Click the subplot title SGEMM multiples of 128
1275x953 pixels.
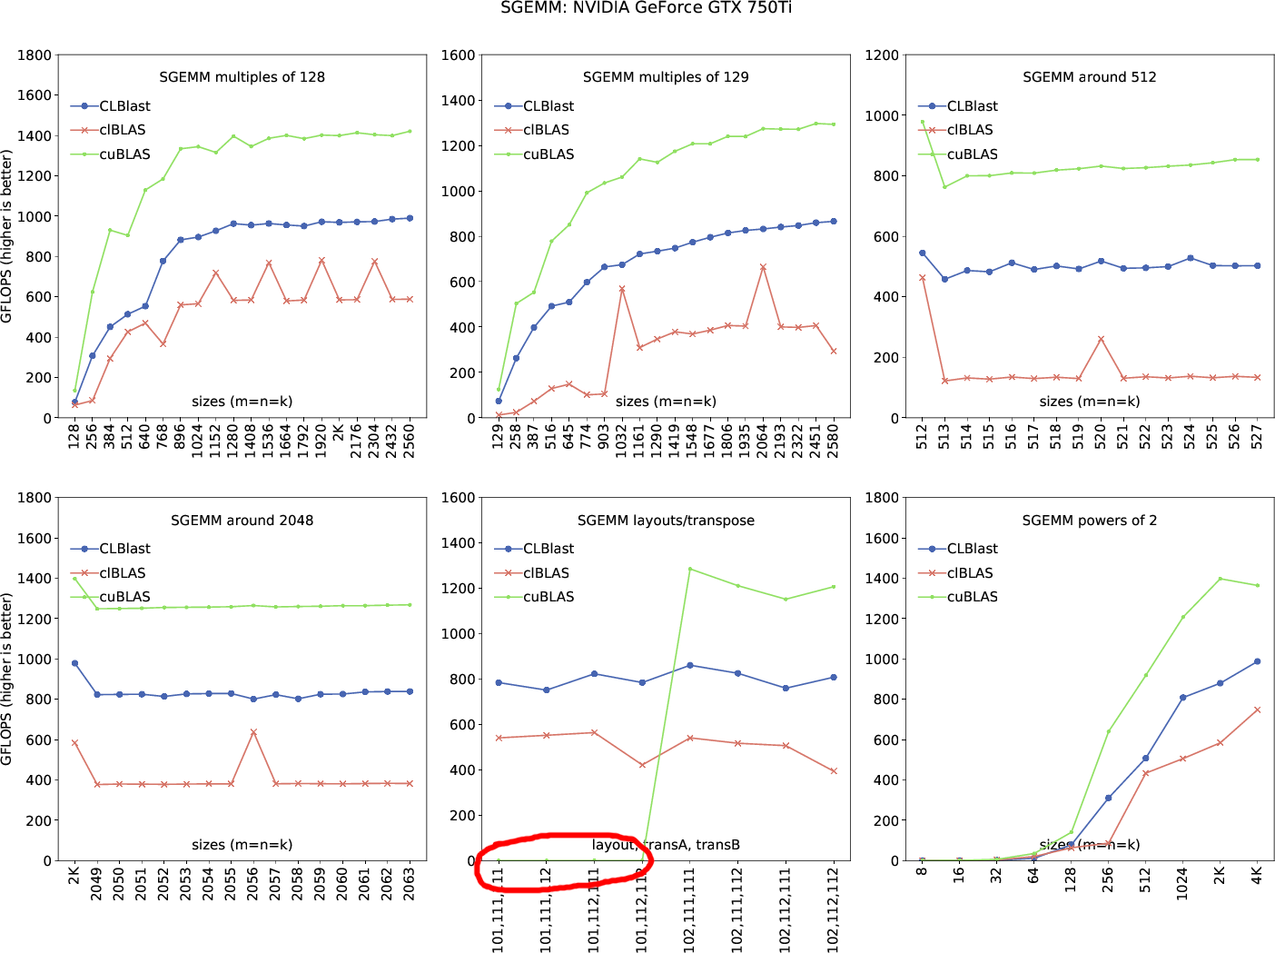[242, 77]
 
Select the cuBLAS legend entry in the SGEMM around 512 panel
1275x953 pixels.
[972, 154]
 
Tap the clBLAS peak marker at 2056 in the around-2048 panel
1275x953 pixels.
[253, 731]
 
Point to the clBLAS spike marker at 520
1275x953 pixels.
[1101, 339]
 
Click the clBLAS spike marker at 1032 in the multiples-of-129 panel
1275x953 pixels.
[622, 289]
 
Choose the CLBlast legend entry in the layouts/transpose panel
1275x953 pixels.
[548, 549]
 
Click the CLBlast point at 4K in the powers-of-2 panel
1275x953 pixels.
[1257, 661]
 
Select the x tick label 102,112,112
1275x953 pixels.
[834, 908]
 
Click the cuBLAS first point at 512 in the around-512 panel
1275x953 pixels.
[923, 122]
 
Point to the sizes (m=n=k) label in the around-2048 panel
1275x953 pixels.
[242, 845]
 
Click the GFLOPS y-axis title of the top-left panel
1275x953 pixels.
[7, 236]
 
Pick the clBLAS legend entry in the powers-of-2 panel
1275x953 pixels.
[970, 573]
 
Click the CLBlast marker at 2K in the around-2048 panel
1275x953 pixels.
[74, 663]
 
